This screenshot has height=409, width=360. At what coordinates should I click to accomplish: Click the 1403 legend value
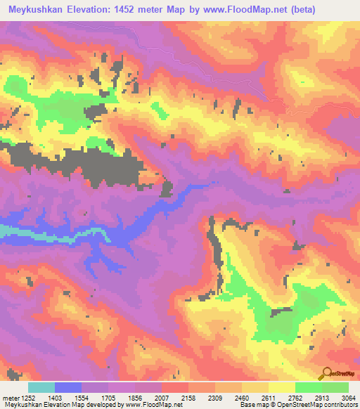(54, 398)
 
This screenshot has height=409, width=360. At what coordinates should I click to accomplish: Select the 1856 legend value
(134, 398)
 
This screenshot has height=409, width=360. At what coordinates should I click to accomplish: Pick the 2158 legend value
(188, 398)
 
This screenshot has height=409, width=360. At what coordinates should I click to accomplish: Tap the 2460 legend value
(241, 398)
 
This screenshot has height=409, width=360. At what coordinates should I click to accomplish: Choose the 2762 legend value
(294, 398)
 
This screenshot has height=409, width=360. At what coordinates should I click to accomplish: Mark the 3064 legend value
(347, 398)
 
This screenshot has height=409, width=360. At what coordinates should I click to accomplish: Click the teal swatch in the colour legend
(41, 387)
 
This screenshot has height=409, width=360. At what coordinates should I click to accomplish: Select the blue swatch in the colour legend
(68, 387)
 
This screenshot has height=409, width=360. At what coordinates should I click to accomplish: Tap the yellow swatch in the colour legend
(281, 387)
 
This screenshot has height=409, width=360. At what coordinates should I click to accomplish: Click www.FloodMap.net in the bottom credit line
(146, 405)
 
